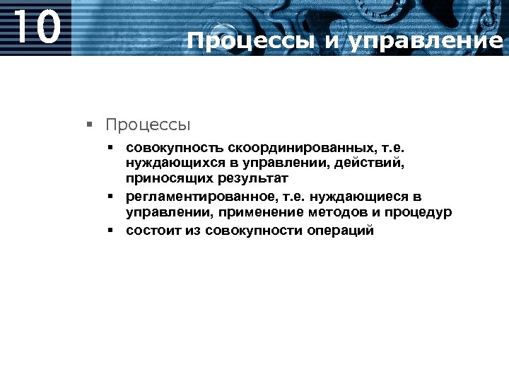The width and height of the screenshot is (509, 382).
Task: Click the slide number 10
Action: coord(37,28)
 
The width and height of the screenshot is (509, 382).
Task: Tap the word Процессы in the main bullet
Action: coord(148,125)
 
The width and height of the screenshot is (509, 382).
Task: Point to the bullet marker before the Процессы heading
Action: coord(89,125)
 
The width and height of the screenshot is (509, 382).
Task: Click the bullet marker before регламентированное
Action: coord(112,196)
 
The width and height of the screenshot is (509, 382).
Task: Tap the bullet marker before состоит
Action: coord(112,230)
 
